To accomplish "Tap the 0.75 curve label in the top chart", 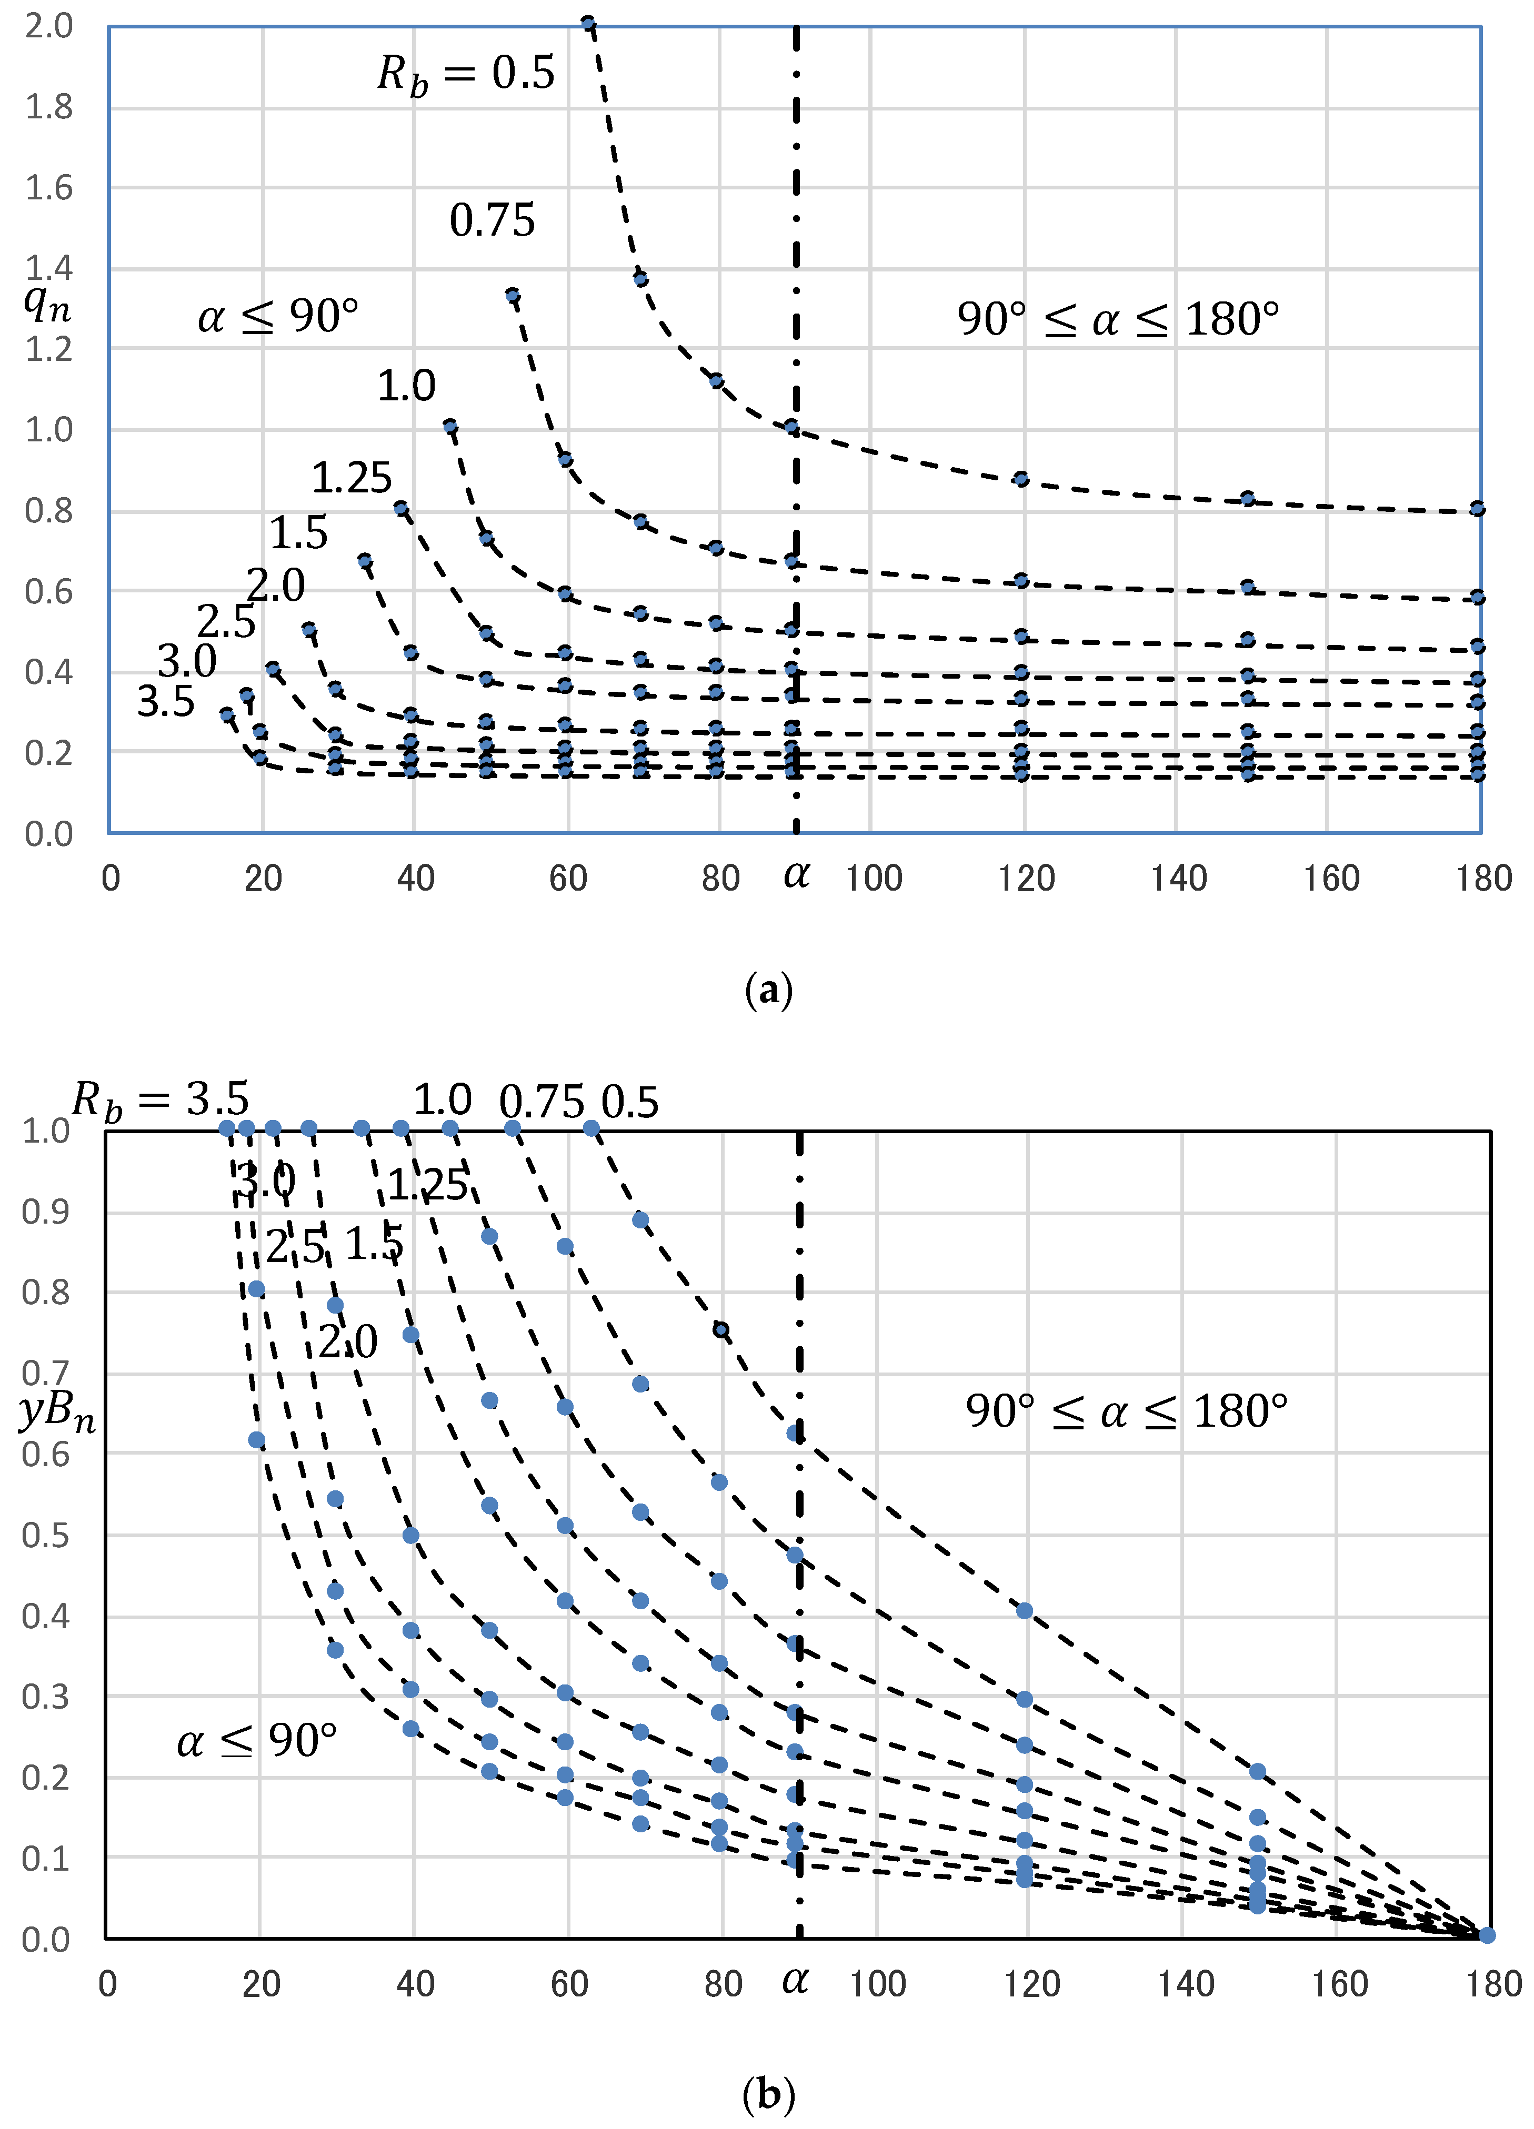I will pos(492,220).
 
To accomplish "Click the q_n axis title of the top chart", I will pos(47,302).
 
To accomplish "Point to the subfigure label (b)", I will pos(768,2093).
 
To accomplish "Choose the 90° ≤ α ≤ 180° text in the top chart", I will pos(1117,320).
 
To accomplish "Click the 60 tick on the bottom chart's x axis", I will pos(569,1984).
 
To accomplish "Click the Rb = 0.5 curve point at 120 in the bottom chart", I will pos(1024,1611).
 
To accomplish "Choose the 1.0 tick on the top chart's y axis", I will pos(49,430).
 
